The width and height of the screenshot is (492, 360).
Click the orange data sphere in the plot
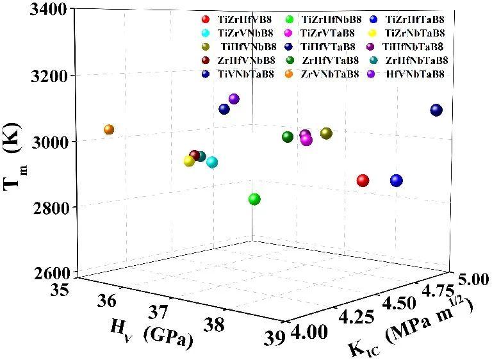pyautogui.click(x=109, y=129)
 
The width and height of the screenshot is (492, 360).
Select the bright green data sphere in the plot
pyautogui.click(x=254, y=199)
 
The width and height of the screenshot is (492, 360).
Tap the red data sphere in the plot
pyautogui.click(x=363, y=181)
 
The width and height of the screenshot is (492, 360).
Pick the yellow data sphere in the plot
pyautogui.click(x=189, y=161)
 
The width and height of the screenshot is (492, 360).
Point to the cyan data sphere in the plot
pyautogui.click(x=212, y=162)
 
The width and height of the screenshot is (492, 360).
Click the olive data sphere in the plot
pyautogui.click(x=326, y=133)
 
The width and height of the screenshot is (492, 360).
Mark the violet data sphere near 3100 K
pyautogui.click(x=234, y=99)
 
